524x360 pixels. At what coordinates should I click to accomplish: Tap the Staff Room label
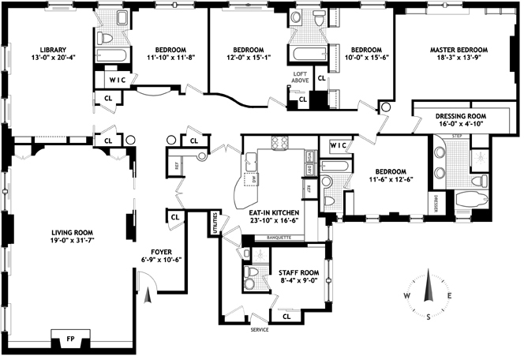pyautogui.click(x=298, y=271)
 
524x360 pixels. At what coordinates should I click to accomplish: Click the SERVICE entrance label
pyautogui.click(x=260, y=329)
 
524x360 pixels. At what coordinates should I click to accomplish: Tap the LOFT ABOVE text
pyautogui.click(x=301, y=76)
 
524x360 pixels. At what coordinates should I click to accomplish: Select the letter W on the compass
pyautogui.click(x=406, y=296)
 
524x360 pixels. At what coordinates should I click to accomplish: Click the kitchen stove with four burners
pyautogui.click(x=280, y=143)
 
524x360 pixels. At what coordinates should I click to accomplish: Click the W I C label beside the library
pyautogui.click(x=118, y=80)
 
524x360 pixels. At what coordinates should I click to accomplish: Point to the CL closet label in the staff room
pyautogui.click(x=286, y=316)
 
